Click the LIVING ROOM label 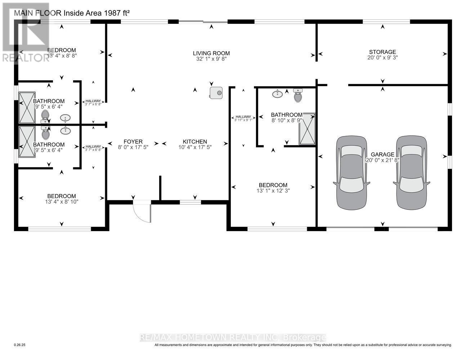click(x=211, y=53)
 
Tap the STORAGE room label click(x=382, y=52)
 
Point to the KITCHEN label click(x=195, y=141)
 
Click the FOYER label click(x=133, y=141)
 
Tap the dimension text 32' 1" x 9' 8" click(x=211, y=58)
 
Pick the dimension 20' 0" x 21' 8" click(x=382, y=160)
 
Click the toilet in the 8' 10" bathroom click(x=298, y=96)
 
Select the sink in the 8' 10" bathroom click(x=277, y=94)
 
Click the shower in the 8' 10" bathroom click(x=307, y=129)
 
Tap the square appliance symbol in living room click(x=216, y=93)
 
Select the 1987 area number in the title click(x=111, y=13)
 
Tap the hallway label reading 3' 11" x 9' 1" click(x=243, y=120)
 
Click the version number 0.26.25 click(x=20, y=345)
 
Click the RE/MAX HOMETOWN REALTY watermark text click(x=233, y=337)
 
